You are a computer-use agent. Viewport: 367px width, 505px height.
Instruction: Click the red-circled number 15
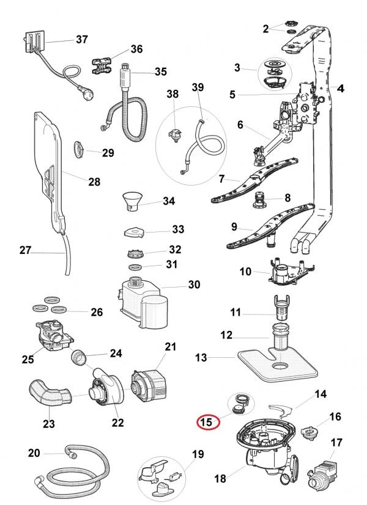point(206,421)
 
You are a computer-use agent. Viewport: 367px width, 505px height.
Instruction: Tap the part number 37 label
point(82,39)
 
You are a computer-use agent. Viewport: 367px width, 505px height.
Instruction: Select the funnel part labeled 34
point(132,202)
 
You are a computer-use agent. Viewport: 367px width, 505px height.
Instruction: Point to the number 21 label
point(171,347)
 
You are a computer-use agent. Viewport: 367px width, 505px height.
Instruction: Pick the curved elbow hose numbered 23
point(50,393)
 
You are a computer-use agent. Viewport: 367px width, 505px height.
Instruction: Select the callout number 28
point(94,181)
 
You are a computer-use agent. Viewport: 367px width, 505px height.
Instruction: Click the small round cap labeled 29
point(80,149)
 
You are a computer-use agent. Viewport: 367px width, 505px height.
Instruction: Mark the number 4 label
point(341,88)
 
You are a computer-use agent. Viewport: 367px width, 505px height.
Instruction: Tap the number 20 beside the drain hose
point(34,453)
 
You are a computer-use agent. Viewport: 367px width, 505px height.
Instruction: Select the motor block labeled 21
point(149,386)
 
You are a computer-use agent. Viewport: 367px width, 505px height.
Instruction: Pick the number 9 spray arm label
point(234,227)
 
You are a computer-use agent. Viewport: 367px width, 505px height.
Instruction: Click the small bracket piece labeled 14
point(281,411)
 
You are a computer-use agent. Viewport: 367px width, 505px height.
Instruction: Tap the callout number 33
point(178,229)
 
